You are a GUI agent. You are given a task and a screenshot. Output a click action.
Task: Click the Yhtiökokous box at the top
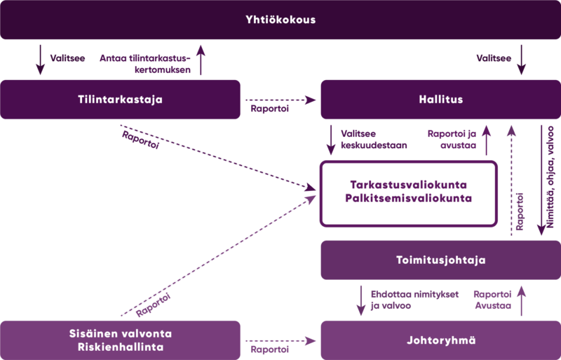pos(280,20)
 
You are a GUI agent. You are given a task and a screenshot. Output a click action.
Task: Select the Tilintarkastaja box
pos(120,99)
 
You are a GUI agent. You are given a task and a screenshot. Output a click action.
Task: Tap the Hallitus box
pos(441,99)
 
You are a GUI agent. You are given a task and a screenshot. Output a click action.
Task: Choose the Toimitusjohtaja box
pos(441,260)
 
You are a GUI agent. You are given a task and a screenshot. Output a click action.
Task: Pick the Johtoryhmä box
pos(441,340)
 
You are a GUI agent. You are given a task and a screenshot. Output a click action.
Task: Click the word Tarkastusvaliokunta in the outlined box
pos(409,185)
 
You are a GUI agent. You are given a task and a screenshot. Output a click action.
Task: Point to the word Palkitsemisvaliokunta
pos(409,198)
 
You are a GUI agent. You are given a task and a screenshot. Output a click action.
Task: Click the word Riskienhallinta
pos(121,347)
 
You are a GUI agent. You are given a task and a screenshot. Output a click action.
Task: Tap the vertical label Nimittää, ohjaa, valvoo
pos(550,177)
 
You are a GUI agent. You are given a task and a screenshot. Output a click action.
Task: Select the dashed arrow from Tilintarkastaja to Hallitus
pos(281,100)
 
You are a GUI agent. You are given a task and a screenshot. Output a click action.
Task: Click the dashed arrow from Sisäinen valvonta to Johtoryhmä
pos(281,341)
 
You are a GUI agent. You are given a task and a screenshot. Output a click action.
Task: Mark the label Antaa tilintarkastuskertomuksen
pos(145,64)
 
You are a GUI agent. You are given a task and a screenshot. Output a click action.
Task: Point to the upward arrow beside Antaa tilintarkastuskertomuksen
pos(201,60)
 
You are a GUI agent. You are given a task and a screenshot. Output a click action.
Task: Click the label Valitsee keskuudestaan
pos(374,140)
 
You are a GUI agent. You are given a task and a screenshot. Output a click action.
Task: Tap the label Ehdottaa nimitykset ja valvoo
pos(414,300)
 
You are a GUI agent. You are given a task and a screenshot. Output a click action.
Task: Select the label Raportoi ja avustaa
pos(452,140)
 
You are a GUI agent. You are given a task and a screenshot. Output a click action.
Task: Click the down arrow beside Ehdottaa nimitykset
pos(361,301)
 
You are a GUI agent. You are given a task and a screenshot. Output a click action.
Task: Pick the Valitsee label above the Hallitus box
pos(494,58)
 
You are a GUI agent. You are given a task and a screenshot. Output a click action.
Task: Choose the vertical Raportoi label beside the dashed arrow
pos(520,211)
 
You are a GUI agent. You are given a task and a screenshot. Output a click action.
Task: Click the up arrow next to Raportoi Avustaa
pos(521,301)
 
